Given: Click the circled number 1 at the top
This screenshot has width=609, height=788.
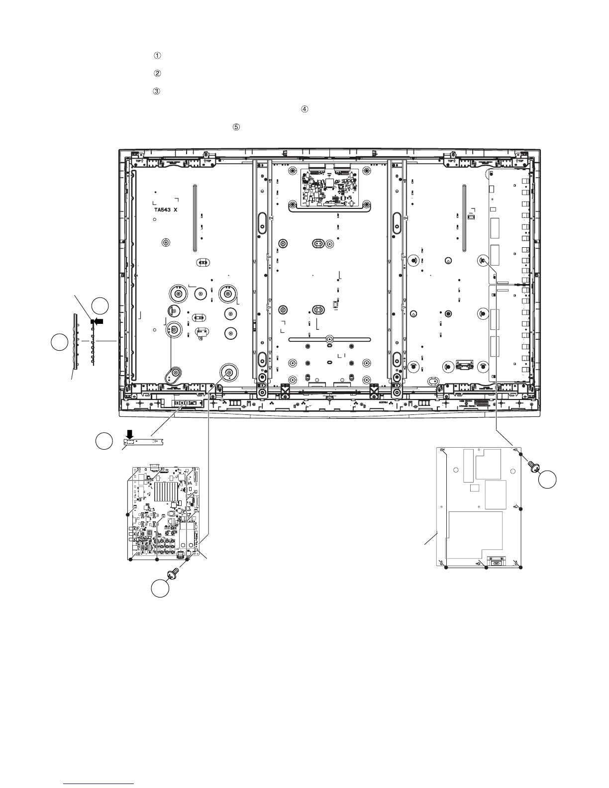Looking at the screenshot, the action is (157, 56).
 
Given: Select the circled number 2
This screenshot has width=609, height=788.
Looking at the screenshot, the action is (157, 74).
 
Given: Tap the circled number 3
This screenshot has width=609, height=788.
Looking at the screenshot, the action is (157, 92).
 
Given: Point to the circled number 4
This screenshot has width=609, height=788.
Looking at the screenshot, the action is (304, 109).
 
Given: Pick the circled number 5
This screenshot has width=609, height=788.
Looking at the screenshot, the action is (236, 127).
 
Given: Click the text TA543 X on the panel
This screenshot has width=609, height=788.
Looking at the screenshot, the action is (165, 210).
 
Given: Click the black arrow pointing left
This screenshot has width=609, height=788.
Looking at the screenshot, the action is (99, 321).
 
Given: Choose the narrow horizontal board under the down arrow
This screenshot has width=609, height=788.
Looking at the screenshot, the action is (143, 441).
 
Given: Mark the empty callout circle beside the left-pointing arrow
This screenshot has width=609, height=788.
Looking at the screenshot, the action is (101, 305).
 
